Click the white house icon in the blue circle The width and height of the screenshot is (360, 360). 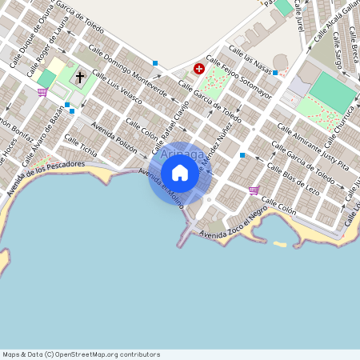180,172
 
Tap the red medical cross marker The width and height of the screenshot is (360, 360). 199,70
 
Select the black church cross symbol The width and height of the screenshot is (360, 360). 79,78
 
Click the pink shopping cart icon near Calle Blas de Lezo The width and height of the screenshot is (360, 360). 254,190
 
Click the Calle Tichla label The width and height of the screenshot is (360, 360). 81,146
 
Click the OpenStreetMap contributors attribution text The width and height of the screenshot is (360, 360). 81,354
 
